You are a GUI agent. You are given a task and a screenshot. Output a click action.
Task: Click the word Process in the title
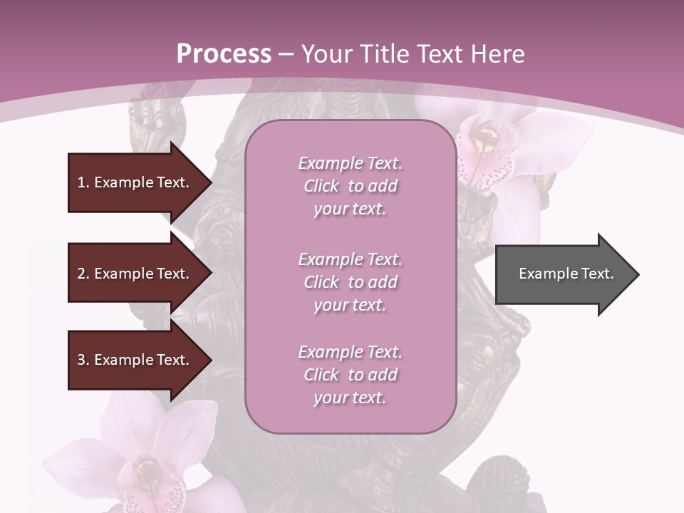[x=224, y=54]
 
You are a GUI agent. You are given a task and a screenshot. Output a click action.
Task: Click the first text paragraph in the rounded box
[x=350, y=186]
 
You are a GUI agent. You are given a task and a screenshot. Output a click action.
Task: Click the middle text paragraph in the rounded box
[x=350, y=281]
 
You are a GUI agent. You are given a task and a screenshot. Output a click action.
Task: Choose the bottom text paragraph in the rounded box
[x=350, y=375]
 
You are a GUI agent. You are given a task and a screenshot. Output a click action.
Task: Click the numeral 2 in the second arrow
[x=81, y=274]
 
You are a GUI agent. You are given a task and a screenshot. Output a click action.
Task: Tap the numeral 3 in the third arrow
[x=81, y=360]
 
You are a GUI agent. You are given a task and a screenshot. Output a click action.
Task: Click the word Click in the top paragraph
[x=321, y=186]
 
